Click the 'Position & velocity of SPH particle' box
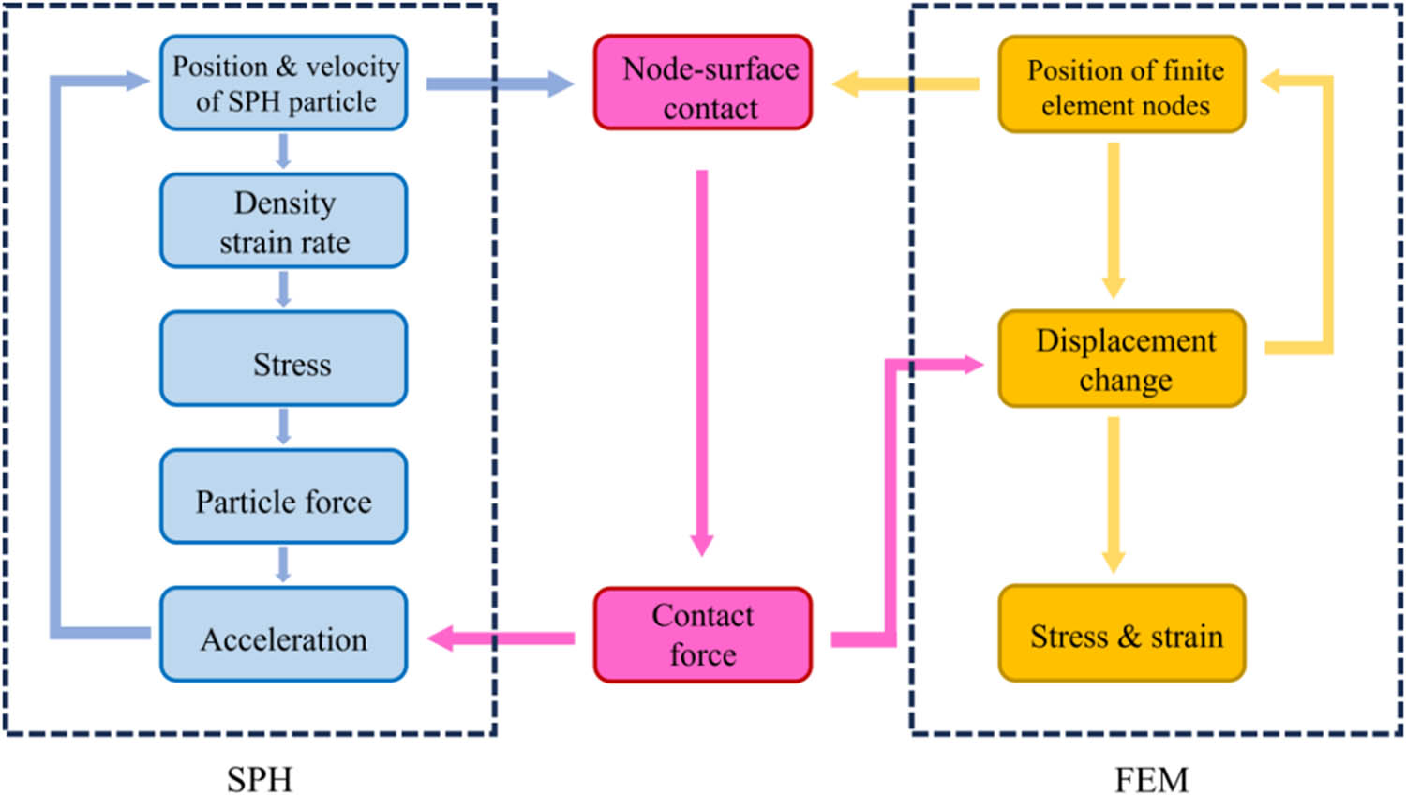coord(283,83)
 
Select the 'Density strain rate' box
coord(283,221)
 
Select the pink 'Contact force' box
coord(702,635)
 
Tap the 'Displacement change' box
coord(1121,359)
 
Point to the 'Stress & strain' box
coord(1121,635)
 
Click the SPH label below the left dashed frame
coord(260,778)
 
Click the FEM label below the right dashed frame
coord(1151,778)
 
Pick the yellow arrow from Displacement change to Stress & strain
coord(1114,492)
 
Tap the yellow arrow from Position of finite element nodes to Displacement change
coord(1114,220)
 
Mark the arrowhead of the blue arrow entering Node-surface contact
coord(560,84)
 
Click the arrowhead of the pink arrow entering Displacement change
coord(970,365)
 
